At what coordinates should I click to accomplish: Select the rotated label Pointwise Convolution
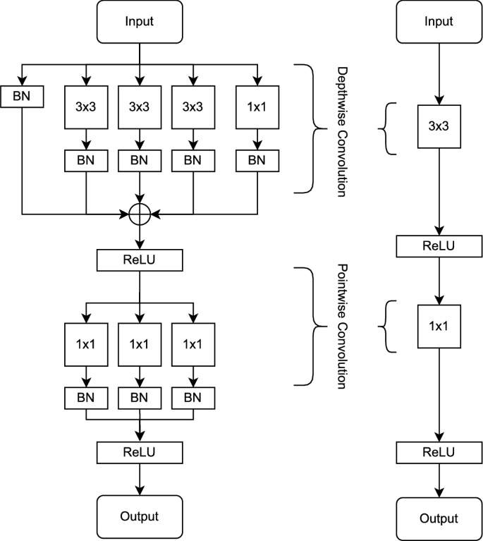click(342, 327)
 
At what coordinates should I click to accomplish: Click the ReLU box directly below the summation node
click(140, 260)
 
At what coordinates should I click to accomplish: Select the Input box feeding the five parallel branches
click(140, 21)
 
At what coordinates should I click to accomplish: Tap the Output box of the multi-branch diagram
click(140, 516)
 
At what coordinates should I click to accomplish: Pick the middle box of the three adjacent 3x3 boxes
click(140, 108)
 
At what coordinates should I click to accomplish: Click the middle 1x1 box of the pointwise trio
click(140, 344)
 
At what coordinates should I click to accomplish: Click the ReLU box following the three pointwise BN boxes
click(140, 451)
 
